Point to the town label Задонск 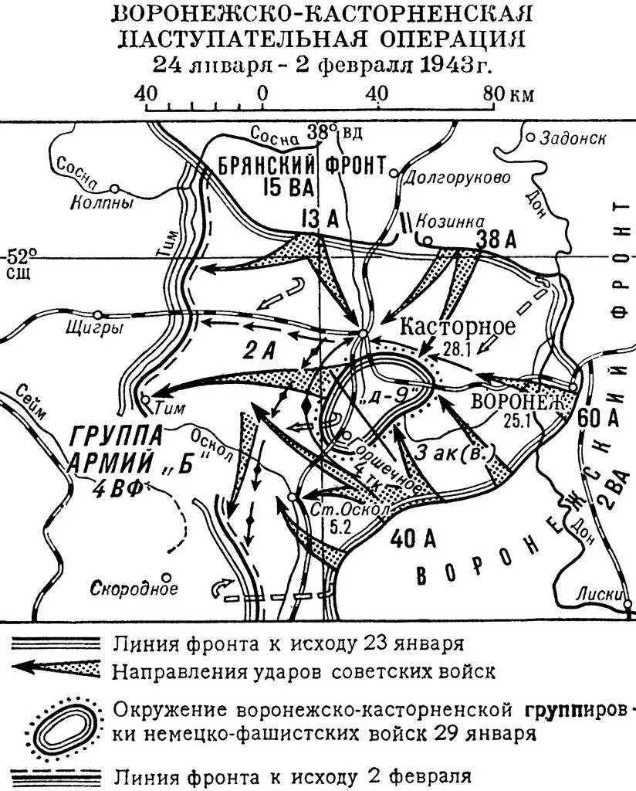pyautogui.click(x=573, y=138)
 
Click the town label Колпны pyautogui.click(x=102, y=204)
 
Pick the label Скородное pyautogui.click(x=134, y=589)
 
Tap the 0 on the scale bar pyautogui.click(x=263, y=93)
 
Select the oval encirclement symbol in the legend pyautogui.click(x=63, y=727)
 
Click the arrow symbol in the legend pyautogui.click(x=56, y=670)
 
